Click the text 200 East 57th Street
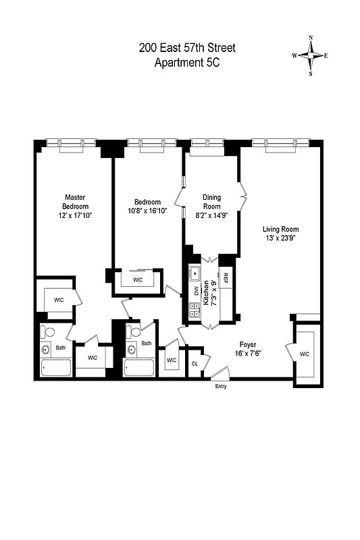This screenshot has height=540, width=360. click(x=187, y=48)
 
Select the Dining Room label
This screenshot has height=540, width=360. click(x=212, y=202)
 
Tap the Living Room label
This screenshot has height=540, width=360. click(x=280, y=230)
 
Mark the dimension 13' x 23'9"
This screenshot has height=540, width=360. click(x=280, y=240)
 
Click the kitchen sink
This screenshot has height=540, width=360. click(x=195, y=273)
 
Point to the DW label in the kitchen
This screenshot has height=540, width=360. click(x=197, y=291)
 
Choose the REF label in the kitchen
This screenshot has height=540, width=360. click(x=226, y=275)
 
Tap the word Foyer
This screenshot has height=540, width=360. click(x=248, y=343)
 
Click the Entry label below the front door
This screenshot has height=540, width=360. click(x=221, y=386)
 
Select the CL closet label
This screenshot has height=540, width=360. click(x=195, y=363)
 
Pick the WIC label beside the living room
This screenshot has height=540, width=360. click(x=304, y=354)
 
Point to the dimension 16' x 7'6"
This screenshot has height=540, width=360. click(x=248, y=352)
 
